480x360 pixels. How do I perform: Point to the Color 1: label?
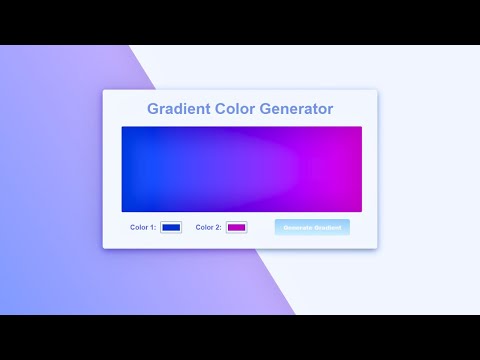pyautogui.click(x=143, y=228)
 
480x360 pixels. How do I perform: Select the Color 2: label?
pyautogui.click(x=208, y=228)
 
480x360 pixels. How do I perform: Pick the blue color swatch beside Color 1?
pyautogui.click(x=171, y=228)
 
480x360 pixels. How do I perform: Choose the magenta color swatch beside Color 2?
pyautogui.click(x=236, y=228)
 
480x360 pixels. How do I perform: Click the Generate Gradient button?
pyautogui.click(x=312, y=227)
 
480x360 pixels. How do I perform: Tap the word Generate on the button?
pyautogui.click(x=298, y=227)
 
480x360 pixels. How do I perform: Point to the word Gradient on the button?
pyautogui.click(x=328, y=227)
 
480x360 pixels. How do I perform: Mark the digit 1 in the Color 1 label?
pyautogui.click(x=152, y=228)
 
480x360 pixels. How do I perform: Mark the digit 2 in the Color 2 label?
pyautogui.click(x=217, y=228)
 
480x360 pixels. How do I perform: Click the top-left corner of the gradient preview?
pyautogui.click(x=123, y=128)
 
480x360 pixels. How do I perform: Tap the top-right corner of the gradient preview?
pyautogui.click(x=361, y=128)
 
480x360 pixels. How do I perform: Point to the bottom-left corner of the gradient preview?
pyautogui.click(x=123, y=211)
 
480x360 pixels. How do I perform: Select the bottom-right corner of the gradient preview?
pyautogui.click(x=361, y=211)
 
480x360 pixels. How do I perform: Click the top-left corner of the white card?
pyautogui.click(x=104, y=91)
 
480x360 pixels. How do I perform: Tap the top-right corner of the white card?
pyautogui.click(x=377, y=91)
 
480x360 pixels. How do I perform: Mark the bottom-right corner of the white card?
pyautogui.click(x=377, y=248)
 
